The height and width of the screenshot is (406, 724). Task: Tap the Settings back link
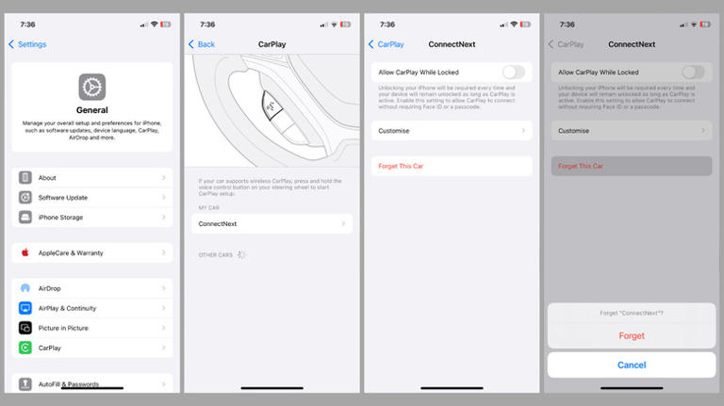tap(27, 44)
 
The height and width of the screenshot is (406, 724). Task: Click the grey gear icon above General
tap(91, 87)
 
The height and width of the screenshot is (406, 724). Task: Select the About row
tap(91, 177)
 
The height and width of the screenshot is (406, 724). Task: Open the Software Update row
tap(91, 197)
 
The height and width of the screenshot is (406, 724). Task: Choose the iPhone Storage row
tap(91, 217)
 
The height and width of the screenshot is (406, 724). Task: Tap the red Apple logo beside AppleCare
tap(25, 252)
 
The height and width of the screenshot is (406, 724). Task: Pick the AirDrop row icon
tap(25, 288)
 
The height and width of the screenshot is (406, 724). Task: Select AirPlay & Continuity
tap(91, 308)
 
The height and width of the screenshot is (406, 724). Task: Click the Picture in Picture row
tap(91, 328)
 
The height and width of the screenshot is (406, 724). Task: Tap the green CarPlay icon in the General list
tap(25, 348)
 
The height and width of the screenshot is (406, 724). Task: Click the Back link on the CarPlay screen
tap(202, 44)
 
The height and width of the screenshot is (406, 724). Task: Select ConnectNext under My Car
tap(271, 223)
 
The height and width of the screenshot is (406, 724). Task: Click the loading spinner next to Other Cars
tap(241, 254)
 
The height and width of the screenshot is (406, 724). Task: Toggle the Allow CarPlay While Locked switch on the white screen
tap(513, 72)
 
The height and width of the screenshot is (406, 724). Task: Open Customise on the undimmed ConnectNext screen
tap(452, 131)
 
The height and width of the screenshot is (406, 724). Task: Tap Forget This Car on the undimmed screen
tap(452, 166)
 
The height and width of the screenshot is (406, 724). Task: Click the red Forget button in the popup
tap(632, 335)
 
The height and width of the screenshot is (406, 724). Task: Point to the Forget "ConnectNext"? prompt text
tap(632, 313)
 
